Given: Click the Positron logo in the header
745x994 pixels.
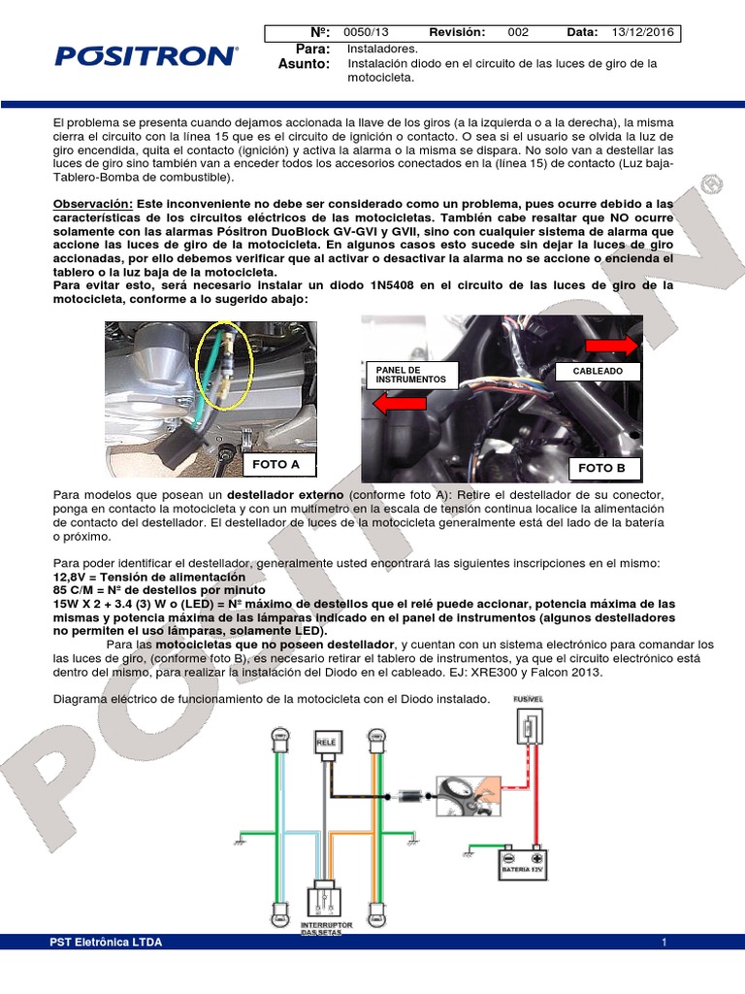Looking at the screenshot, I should (x=146, y=55).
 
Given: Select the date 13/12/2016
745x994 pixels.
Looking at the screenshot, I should (x=641, y=32).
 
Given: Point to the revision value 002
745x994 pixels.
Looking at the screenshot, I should (x=518, y=32).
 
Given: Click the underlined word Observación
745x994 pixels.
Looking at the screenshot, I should (x=92, y=205).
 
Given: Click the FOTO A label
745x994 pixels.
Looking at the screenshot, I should (x=275, y=464).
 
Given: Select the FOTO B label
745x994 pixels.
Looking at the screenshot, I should (x=601, y=468).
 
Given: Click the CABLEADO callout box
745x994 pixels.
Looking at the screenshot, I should (x=598, y=371).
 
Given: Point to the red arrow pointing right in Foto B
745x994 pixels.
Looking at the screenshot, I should (x=612, y=344).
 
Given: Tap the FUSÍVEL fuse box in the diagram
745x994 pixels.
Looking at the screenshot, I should (x=530, y=727).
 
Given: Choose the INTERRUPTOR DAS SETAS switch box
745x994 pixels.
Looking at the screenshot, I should (x=326, y=901).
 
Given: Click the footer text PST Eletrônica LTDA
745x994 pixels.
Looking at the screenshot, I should (x=106, y=943).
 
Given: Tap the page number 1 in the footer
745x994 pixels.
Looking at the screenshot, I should (x=664, y=943).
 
